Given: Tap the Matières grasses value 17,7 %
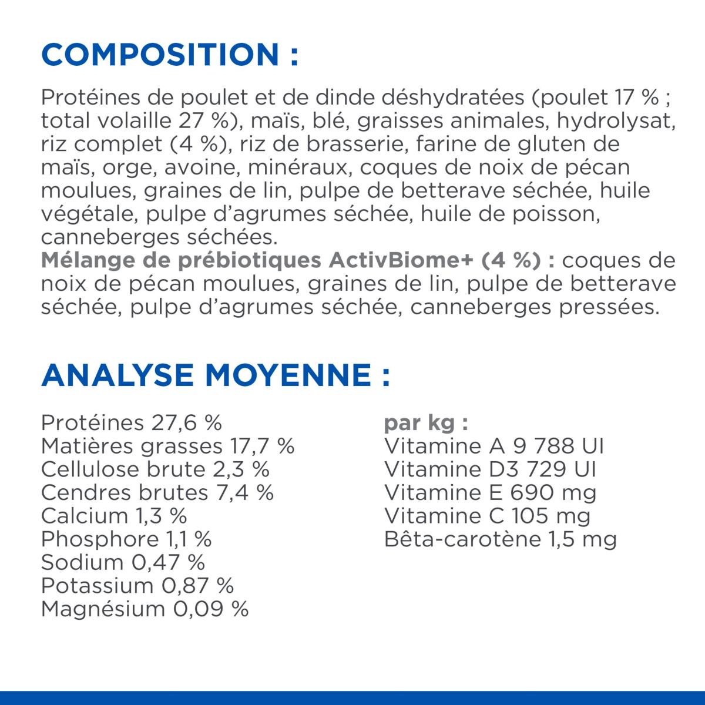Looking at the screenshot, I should (260, 446).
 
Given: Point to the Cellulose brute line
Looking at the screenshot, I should (155, 469).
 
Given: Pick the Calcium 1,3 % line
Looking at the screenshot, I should (114, 516).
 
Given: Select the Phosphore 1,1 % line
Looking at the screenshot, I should (126, 539).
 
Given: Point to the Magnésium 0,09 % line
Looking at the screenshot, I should (145, 609).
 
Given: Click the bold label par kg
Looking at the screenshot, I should (426, 423).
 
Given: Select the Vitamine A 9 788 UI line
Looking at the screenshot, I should (493, 446).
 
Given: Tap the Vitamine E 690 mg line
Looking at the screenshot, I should (490, 492).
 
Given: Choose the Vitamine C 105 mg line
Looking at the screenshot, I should (487, 516).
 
